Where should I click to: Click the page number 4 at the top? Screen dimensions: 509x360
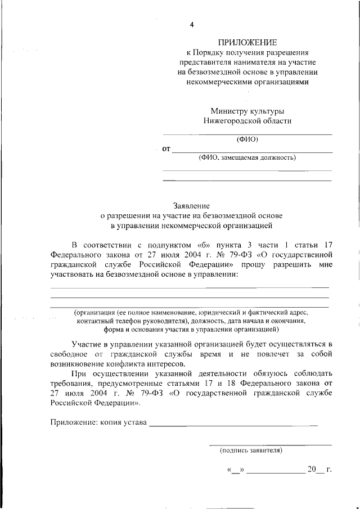click(x=192, y=25)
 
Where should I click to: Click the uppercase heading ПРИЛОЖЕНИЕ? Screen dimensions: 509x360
click(x=247, y=43)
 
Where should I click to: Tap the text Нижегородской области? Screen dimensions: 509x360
click(x=247, y=120)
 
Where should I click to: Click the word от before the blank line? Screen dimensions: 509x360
click(x=166, y=149)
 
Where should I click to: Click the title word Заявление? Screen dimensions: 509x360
click(x=191, y=206)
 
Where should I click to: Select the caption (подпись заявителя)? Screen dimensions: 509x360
click(x=251, y=451)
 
